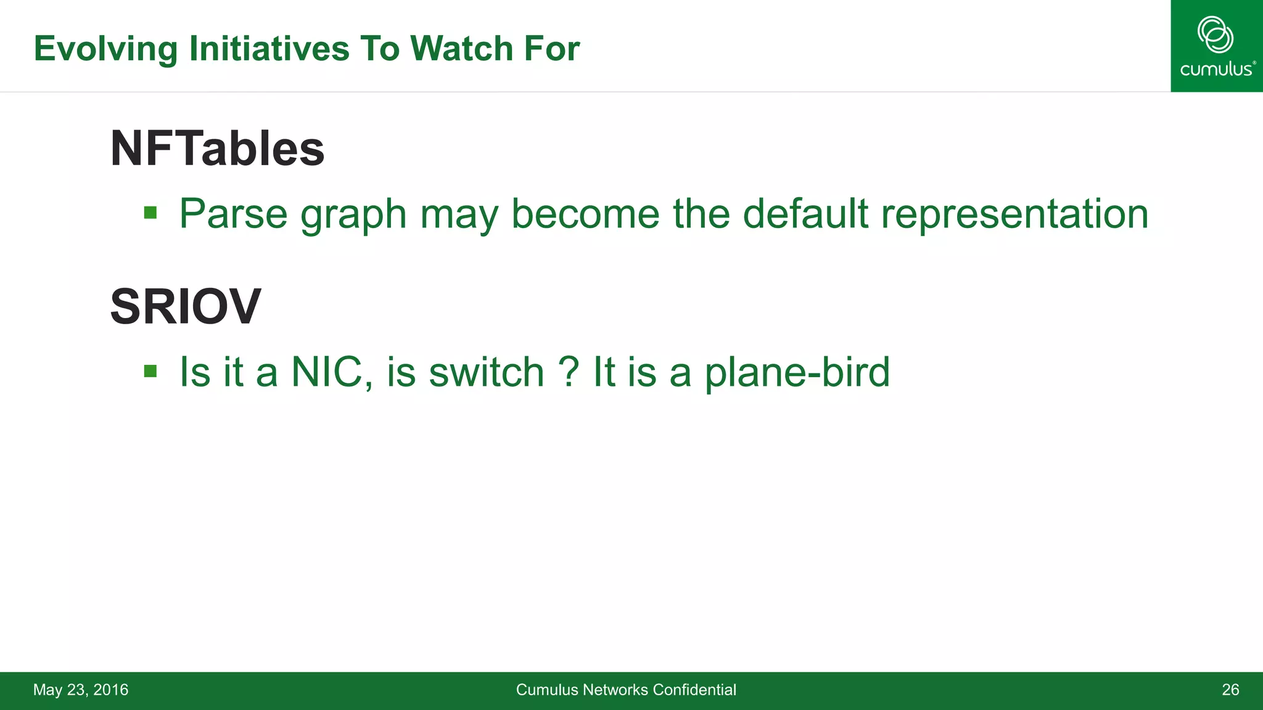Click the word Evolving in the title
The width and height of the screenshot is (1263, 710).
tap(105, 49)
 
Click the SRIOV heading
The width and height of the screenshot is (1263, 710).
tap(185, 307)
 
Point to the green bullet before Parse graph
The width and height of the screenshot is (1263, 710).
tap(150, 213)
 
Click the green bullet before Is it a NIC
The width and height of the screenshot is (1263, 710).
tap(150, 371)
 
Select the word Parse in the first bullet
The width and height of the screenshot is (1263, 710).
tap(233, 214)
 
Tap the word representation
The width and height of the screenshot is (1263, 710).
tap(1014, 214)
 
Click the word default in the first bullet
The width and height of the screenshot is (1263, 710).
tap(805, 214)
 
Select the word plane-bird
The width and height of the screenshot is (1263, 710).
tap(797, 372)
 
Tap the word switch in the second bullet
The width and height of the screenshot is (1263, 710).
tap(486, 372)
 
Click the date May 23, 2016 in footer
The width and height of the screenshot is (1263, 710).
tap(81, 690)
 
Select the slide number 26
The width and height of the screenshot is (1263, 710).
tap(1230, 690)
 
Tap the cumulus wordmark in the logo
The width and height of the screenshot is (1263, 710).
tap(1215, 69)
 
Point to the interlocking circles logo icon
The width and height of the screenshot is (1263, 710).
tap(1215, 35)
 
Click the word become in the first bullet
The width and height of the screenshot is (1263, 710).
tap(585, 214)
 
